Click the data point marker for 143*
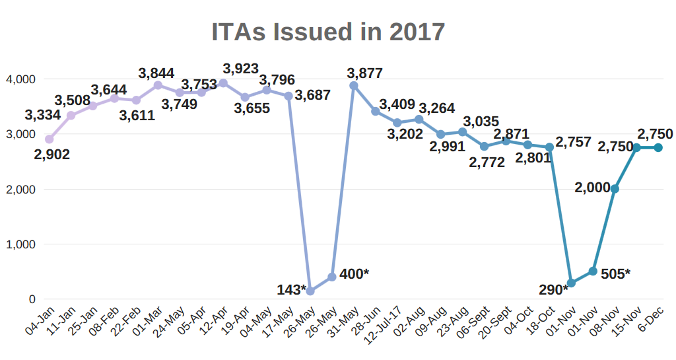[310, 291]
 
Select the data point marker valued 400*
[332, 277]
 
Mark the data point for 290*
[571, 283]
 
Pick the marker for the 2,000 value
[615, 189]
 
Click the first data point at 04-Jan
[49, 139]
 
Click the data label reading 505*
[615, 273]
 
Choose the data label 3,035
[481, 122]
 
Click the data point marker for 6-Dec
[658, 148]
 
